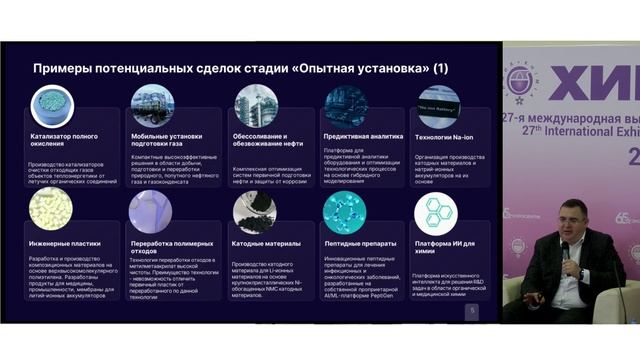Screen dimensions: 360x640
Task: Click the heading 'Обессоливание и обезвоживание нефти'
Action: click(x=264, y=140)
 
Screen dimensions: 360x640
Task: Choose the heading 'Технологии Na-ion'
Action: click(x=439, y=135)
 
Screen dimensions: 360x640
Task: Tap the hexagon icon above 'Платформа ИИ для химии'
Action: click(x=436, y=212)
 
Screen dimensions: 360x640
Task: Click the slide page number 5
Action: click(x=472, y=311)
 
